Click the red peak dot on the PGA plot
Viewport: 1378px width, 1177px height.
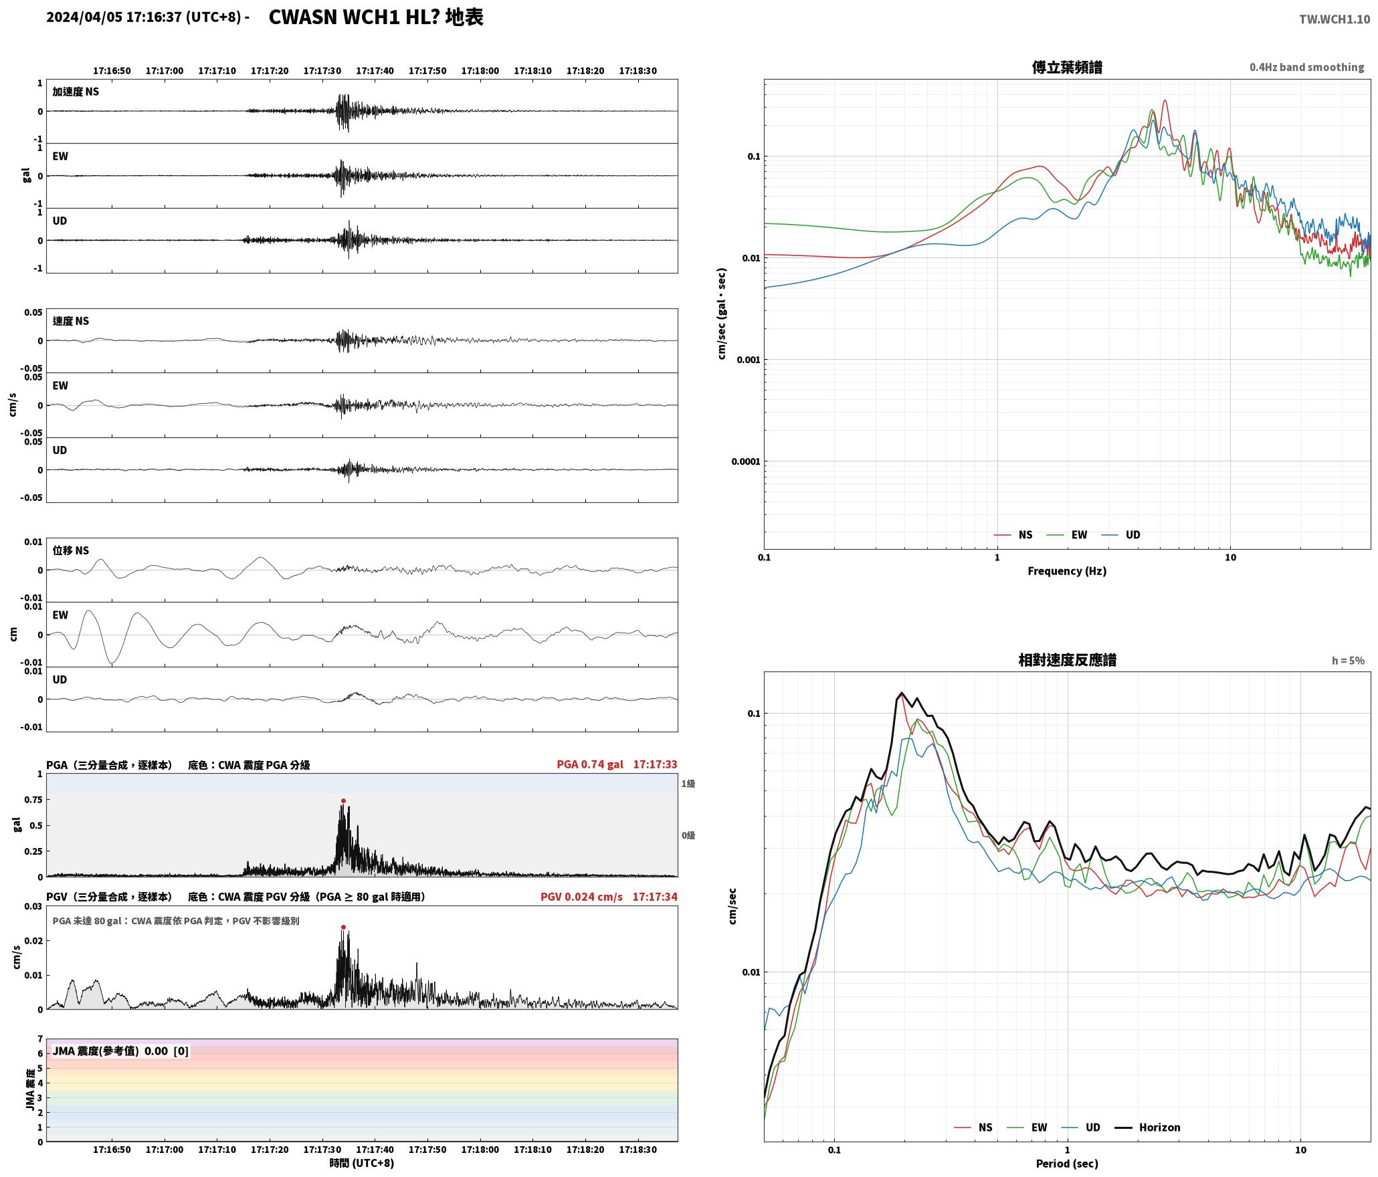click(343, 800)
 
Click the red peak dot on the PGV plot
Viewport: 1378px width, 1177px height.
click(343, 927)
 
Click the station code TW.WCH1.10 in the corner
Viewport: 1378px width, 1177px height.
click(1335, 19)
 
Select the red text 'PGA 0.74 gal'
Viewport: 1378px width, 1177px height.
click(589, 764)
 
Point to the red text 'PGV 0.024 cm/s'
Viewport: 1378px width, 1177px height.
click(581, 896)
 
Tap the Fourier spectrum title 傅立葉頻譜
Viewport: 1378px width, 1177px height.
click(1067, 67)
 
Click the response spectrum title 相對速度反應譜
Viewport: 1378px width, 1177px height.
click(1067, 659)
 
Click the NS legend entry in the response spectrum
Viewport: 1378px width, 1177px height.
click(974, 1127)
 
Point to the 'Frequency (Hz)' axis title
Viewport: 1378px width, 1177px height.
click(1067, 570)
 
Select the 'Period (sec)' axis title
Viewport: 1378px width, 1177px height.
click(1067, 1163)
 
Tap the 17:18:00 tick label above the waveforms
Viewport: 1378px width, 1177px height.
click(480, 70)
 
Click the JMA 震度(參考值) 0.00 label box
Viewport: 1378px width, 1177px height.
click(120, 1051)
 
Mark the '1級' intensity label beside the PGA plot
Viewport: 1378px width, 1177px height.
click(688, 783)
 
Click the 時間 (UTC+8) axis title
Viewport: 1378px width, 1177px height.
click(361, 1162)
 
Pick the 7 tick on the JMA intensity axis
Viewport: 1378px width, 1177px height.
click(40, 1039)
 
